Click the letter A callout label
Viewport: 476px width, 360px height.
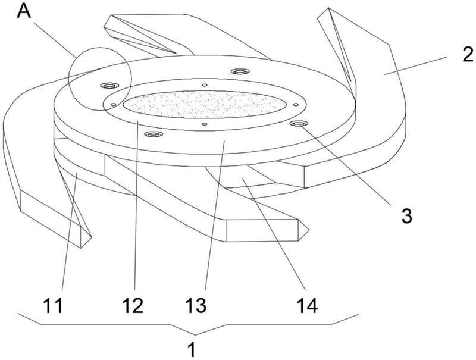[24, 11]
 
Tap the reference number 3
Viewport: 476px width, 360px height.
[407, 216]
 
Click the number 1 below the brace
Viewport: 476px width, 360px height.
[192, 349]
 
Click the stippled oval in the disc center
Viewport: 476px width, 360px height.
[205, 104]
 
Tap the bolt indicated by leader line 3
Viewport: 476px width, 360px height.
[299, 123]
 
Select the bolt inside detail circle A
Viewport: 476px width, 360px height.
[109, 86]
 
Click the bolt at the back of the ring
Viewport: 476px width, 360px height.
[240, 71]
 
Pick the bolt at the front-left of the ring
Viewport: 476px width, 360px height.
[153, 134]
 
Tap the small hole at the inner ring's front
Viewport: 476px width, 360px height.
[205, 124]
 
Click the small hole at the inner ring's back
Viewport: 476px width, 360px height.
[205, 85]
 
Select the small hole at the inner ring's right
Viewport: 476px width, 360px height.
[296, 104]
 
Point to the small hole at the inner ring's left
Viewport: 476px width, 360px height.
[113, 104]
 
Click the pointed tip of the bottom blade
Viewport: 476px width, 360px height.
[309, 230]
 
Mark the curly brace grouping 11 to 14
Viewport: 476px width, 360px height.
[188, 325]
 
